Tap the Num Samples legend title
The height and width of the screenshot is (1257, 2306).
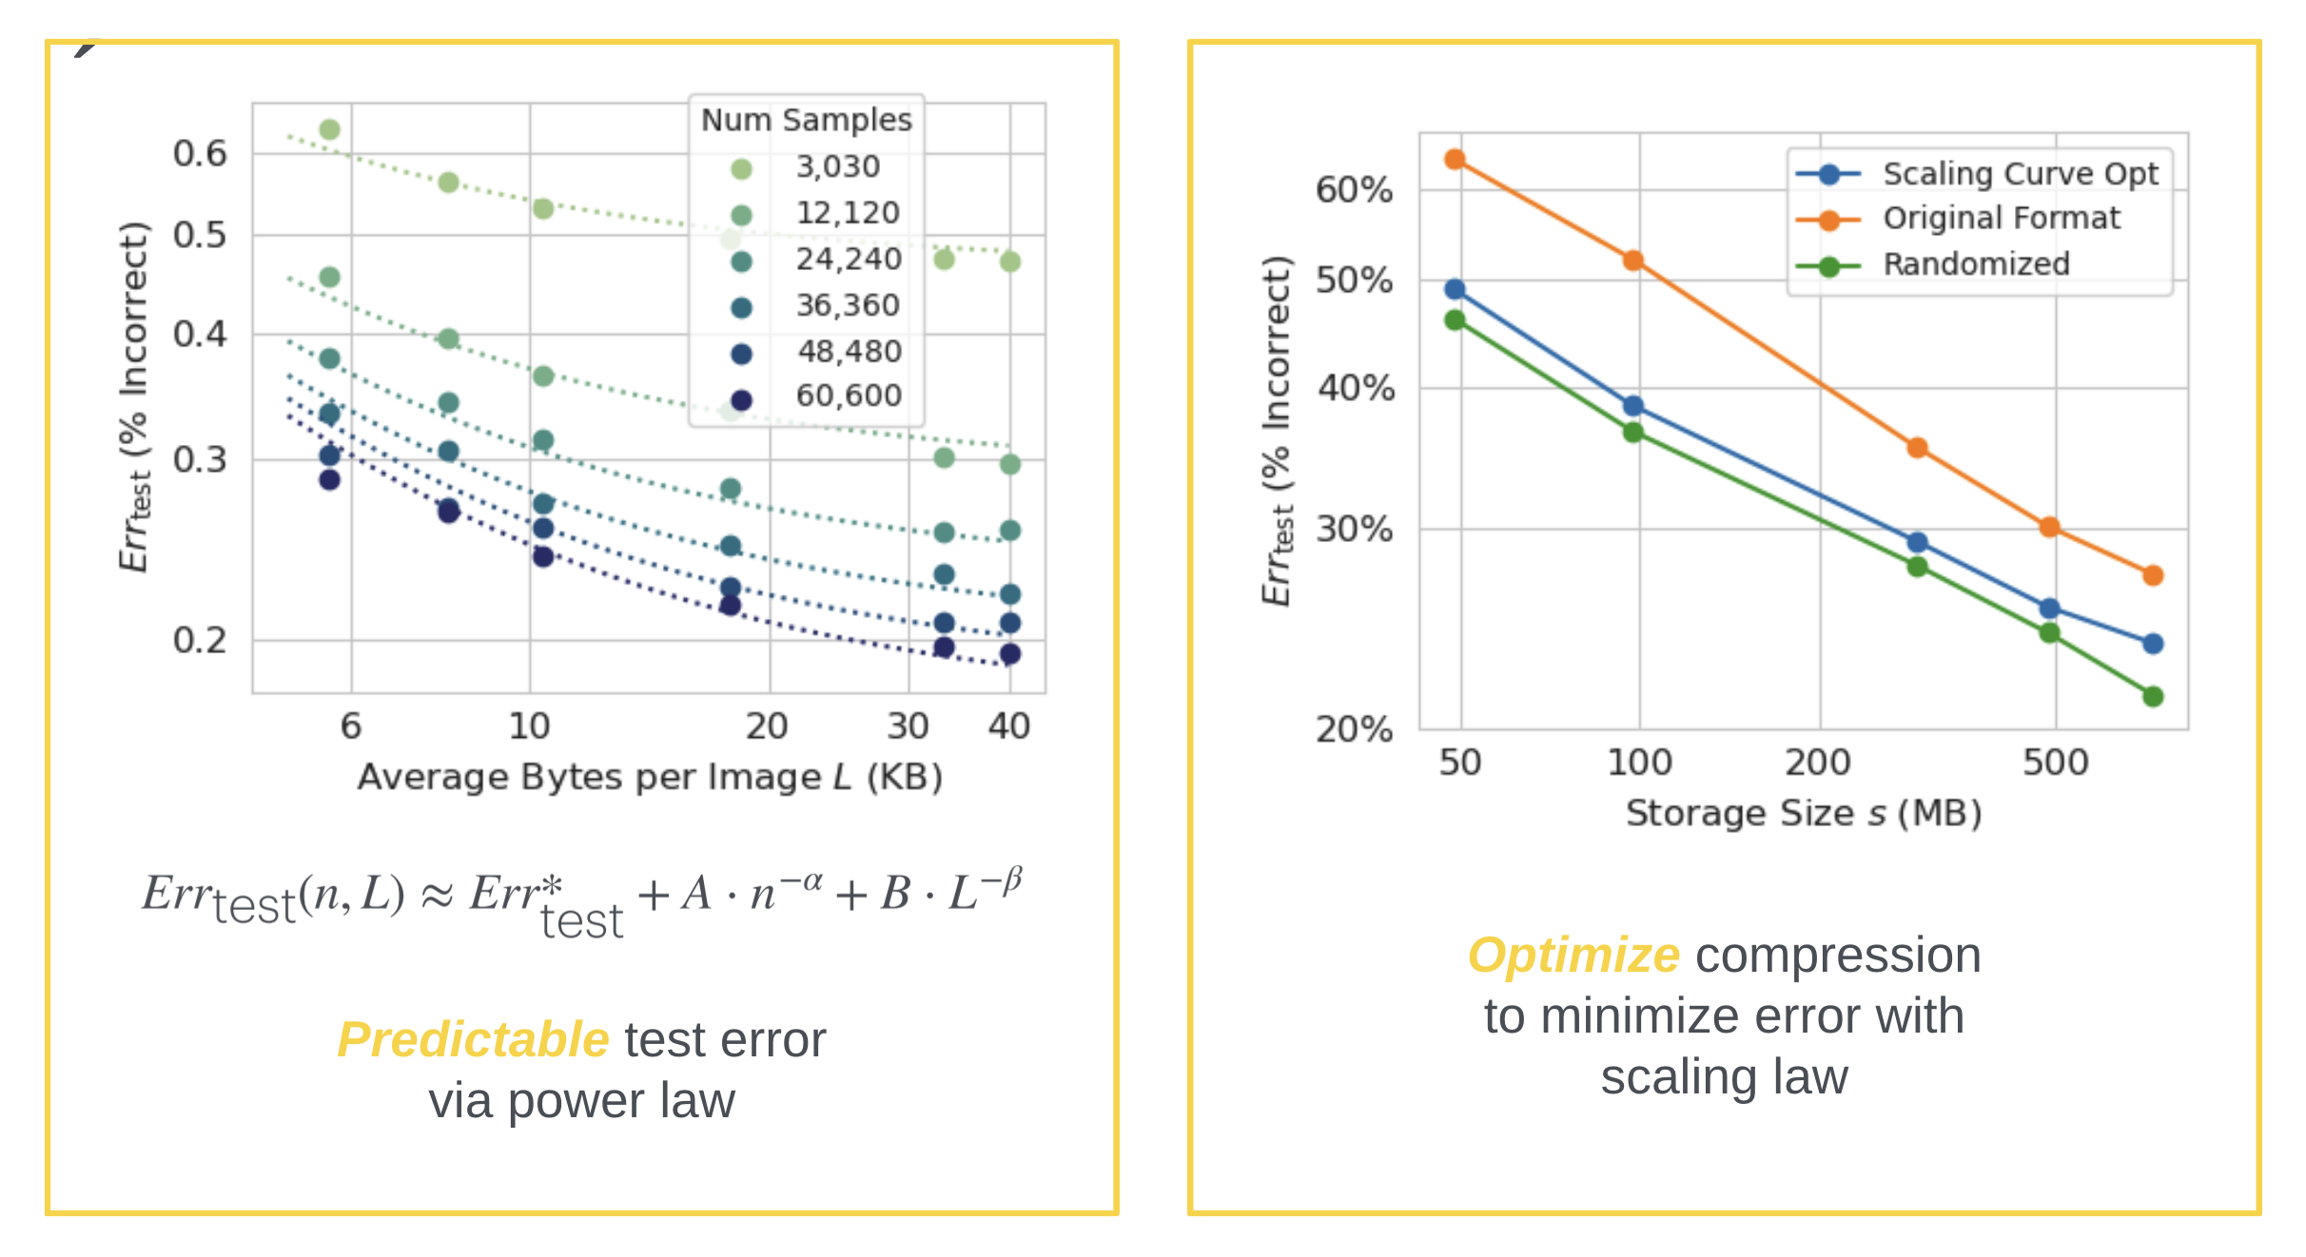(806, 121)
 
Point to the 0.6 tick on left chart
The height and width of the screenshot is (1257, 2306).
(200, 153)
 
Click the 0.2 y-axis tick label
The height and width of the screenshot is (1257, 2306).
(200, 641)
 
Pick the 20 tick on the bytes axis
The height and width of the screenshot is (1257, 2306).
(767, 726)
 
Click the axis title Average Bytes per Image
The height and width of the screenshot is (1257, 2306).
(650, 778)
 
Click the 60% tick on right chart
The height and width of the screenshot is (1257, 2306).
(1354, 190)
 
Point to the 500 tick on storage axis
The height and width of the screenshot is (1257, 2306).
(2055, 763)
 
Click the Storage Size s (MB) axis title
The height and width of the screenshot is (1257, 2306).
(1803, 814)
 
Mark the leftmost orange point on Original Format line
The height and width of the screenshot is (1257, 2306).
(1455, 160)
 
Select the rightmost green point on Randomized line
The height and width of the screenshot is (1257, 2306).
(2153, 697)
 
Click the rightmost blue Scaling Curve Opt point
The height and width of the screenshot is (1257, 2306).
(2153, 644)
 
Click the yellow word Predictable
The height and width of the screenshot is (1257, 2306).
(473, 1039)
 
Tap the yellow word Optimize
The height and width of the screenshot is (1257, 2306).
(1573, 955)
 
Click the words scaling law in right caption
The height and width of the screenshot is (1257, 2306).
(1724, 1077)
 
